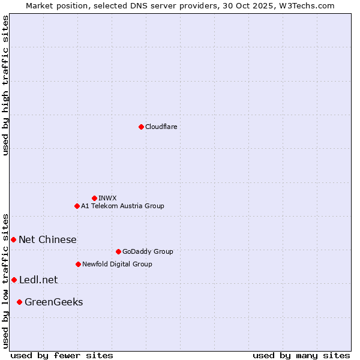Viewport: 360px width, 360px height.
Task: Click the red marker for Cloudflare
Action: (141, 127)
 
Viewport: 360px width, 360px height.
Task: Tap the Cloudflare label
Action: (161, 127)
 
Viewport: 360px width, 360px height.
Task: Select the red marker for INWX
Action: (94, 198)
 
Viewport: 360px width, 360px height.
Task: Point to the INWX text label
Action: (107, 198)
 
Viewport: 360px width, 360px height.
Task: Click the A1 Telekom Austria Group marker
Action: (77, 206)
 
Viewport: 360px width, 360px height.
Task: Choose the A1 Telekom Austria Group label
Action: (122, 206)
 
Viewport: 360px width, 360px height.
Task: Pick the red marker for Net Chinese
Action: (13, 239)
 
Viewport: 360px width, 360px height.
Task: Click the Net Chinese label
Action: (47, 239)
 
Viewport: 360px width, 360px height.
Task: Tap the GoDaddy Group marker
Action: (118, 251)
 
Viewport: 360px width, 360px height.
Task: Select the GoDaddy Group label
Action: (147, 251)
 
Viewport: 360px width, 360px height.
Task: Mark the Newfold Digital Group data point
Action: (78, 264)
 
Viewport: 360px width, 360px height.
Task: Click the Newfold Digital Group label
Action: (117, 264)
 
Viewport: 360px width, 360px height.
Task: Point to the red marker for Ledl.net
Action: (14, 280)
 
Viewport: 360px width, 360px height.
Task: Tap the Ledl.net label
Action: (38, 280)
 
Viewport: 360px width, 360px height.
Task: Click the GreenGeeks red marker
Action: (19, 302)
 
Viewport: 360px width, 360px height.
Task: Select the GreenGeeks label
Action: (53, 302)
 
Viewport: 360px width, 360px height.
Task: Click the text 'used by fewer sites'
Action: (62, 355)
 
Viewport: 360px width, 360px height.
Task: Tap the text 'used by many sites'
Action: (301, 355)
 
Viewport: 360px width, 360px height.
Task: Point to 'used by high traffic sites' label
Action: (5, 85)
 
